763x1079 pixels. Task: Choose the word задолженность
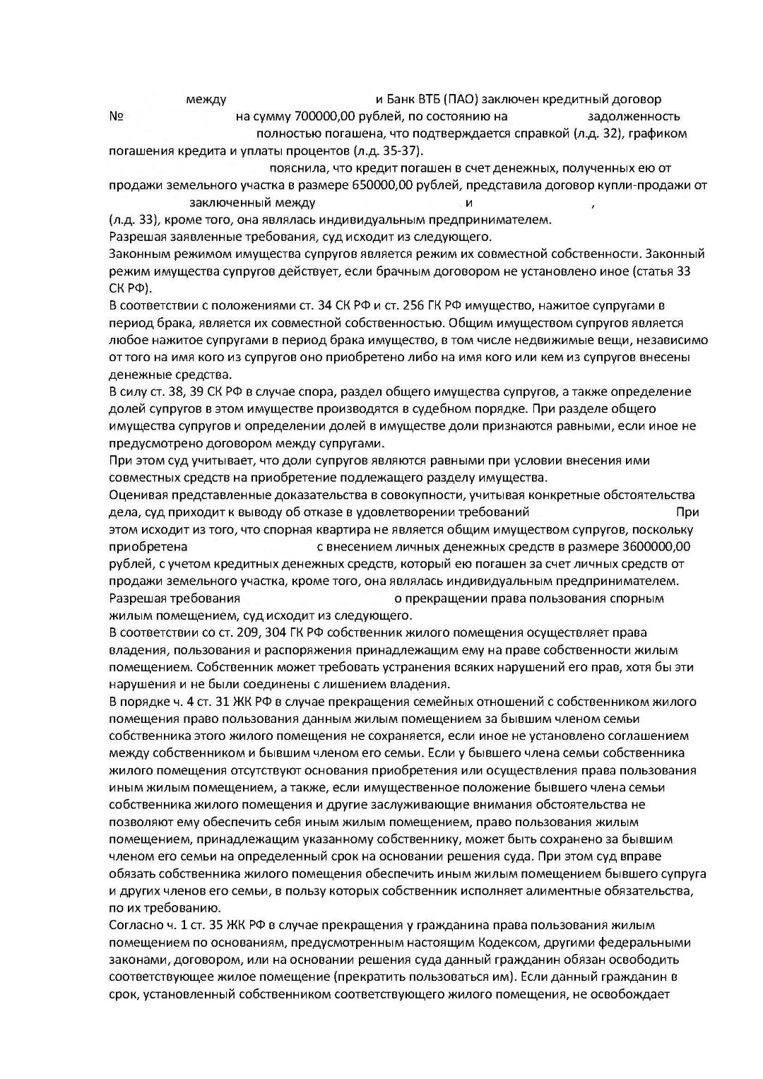click(x=634, y=116)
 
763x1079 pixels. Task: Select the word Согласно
click(x=136, y=925)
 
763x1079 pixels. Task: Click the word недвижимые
click(x=529, y=340)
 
